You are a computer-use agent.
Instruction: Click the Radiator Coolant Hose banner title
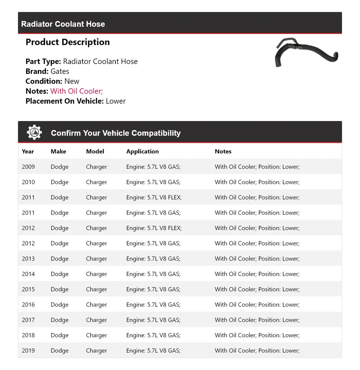(63, 24)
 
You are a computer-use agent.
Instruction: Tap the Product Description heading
(67, 42)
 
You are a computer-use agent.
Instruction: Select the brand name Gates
(60, 71)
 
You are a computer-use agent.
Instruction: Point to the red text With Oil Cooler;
(77, 91)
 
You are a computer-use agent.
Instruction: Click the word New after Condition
(72, 81)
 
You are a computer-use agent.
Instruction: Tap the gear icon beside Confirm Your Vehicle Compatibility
(34, 133)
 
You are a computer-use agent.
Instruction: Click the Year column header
(28, 151)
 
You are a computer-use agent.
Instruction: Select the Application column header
(142, 151)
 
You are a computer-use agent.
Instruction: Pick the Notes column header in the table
(223, 151)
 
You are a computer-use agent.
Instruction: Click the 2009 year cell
(28, 167)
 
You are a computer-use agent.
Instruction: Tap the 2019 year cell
(28, 351)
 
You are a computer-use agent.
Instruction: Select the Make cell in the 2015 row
(60, 289)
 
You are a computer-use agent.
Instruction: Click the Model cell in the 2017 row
(97, 320)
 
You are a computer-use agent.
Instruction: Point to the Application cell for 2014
(153, 274)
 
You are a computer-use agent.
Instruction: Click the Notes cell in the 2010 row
(257, 182)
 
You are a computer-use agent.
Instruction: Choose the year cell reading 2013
(28, 259)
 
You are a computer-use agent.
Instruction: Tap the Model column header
(95, 151)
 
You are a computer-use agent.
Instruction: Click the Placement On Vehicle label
(64, 101)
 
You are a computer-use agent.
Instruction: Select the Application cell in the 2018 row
(153, 335)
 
